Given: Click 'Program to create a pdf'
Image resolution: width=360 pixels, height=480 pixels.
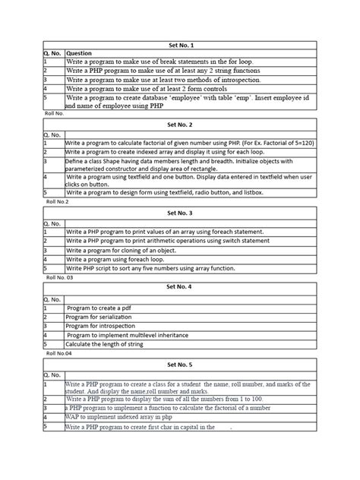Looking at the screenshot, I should [99, 308].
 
